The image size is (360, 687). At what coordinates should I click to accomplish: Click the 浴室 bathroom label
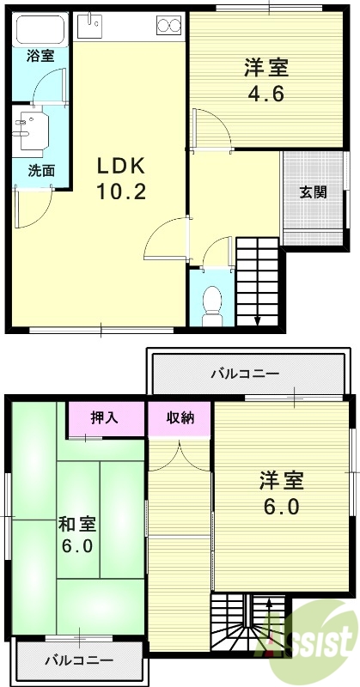coord(40,57)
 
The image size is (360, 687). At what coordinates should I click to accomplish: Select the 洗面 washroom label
coord(40,170)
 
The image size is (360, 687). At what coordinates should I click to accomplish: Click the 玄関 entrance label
coord(313,192)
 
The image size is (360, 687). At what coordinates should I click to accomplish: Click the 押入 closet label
coord(105,418)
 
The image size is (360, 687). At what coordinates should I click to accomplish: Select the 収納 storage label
coord(180,418)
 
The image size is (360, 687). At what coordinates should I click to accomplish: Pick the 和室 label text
coord(77,523)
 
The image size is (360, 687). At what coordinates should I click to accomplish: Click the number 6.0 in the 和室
coord(77,546)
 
